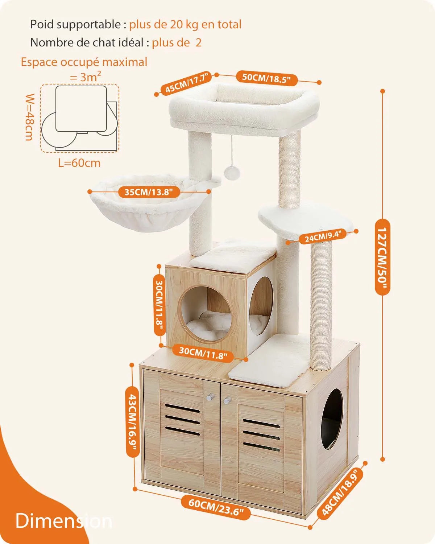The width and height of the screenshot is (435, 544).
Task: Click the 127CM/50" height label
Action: point(382,257)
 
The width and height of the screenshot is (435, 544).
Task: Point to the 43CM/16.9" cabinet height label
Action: point(132,421)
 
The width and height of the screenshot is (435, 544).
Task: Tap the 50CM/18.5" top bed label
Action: point(266,78)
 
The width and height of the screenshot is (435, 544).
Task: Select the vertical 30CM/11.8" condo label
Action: point(159,307)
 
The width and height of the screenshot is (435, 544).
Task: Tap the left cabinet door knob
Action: point(208,398)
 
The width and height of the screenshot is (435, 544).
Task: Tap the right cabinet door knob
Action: point(227,401)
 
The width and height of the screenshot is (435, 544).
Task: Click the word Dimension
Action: point(64,521)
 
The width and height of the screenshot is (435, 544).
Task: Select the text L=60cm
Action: point(79,163)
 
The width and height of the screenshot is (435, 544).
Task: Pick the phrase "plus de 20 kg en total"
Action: point(185,25)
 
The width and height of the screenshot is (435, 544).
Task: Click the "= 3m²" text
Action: point(86,77)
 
